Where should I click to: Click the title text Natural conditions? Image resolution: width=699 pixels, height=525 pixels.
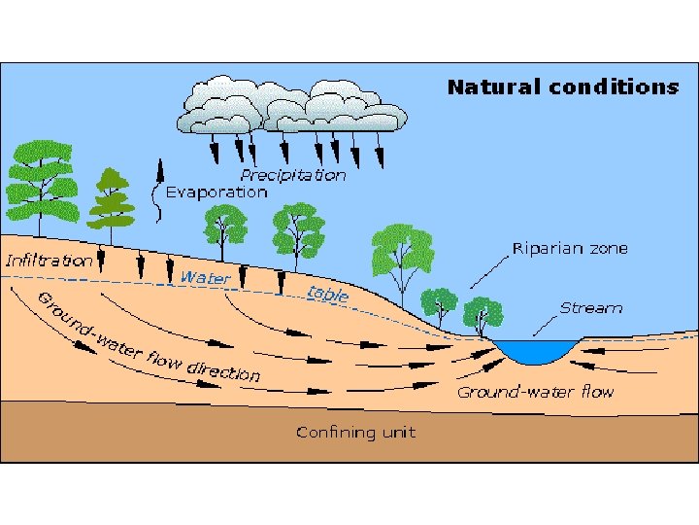562,87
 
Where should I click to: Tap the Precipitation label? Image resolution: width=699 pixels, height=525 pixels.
292,175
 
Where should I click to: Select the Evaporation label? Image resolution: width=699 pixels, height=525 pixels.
216,192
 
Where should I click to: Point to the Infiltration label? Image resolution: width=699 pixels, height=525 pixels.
49,261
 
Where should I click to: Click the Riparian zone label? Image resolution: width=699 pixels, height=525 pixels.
570,248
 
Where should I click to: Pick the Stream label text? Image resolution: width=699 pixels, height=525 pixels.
590,307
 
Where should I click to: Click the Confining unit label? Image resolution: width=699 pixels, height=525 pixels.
355,431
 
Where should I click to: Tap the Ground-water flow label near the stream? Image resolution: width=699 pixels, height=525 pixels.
535,392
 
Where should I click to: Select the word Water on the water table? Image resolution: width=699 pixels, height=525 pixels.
205,278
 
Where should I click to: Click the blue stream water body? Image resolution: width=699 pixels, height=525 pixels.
536,350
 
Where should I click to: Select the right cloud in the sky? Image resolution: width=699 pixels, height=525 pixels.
345,105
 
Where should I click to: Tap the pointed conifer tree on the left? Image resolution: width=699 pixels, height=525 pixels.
112,204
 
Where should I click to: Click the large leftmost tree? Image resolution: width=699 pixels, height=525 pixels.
41,180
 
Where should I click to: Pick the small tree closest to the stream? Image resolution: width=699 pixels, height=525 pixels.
483,313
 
